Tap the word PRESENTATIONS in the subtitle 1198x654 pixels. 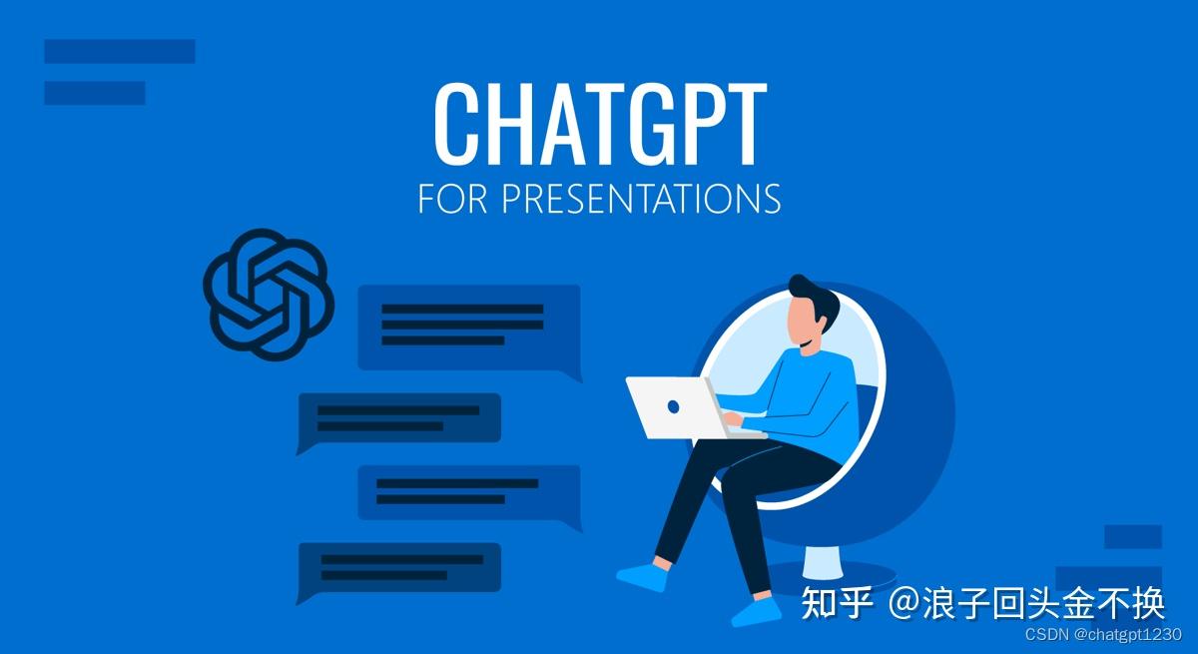pos(640,198)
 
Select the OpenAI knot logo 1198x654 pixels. pos(267,294)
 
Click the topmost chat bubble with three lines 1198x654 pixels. pos(467,327)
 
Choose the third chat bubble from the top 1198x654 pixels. pos(467,491)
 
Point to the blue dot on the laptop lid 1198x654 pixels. pos(673,407)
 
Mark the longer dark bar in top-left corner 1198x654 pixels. pos(120,51)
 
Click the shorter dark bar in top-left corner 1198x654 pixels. pos(95,93)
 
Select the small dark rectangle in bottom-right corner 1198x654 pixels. pos(1133,537)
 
